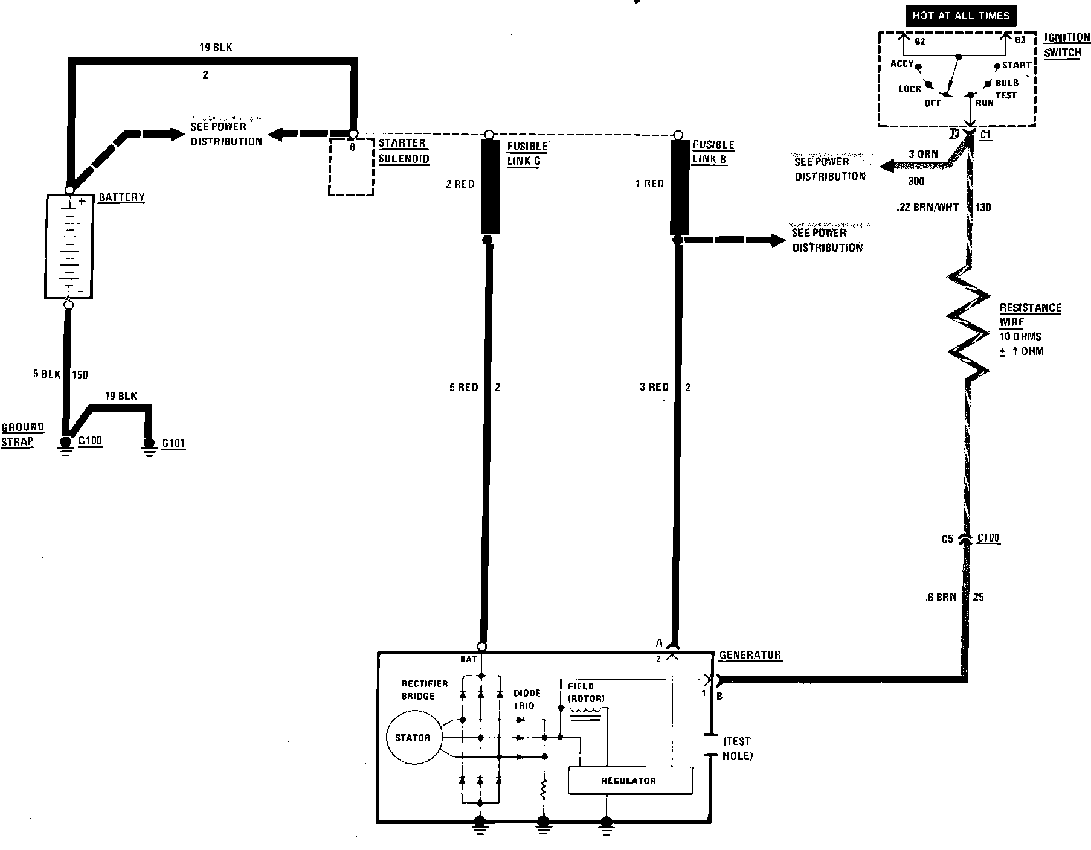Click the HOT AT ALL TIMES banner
pyautogui.click(x=961, y=16)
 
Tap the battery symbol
pyautogui.click(x=69, y=246)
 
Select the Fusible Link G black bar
pyautogui.click(x=490, y=187)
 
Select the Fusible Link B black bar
pyautogui.click(x=680, y=187)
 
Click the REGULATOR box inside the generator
pyautogui.click(x=630, y=781)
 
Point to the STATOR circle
pyautogui.click(x=413, y=737)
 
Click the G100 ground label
pyautogui.click(x=90, y=440)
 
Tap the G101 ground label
pyautogui.click(x=173, y=444)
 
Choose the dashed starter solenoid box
pyautogui.click(x=351, y=167)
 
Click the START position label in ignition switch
pyautogui.click(x=1016, y=65)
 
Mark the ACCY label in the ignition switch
pyautogui.click(x=901, y=63)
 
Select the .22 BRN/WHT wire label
pyautogui.click(x=928, y=207)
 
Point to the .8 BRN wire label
pyautogui.click(x=941, y=597)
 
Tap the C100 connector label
pyautogui.click(x=988, y=538)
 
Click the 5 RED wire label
pyautogui.click(x=463, y=387)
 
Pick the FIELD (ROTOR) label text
pyautogui.click(x=586, y=692)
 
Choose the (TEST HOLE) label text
pyautogui.click(x=737, y=749)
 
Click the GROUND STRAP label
pyautogui.click(x=22, y=434)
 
